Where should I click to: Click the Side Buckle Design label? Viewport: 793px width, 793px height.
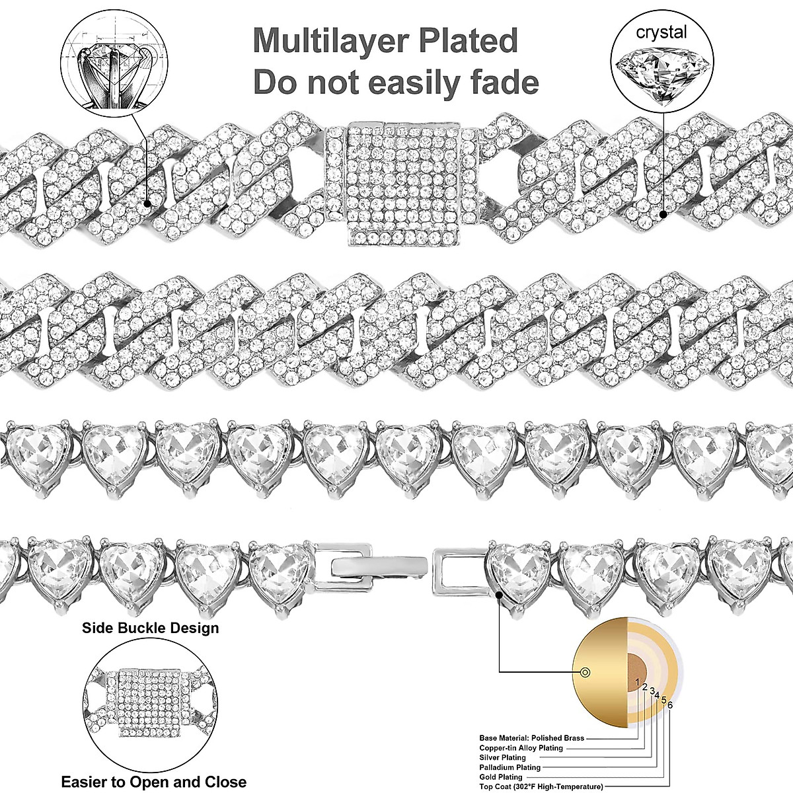[x=150, y=628]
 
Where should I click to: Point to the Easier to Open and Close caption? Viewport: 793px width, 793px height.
[x=153, y=782]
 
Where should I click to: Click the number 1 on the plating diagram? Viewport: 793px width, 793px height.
[x=637, y=681]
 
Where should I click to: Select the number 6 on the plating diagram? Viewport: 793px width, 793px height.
[x=670, y=705]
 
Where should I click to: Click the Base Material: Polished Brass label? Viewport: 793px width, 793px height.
[x=531, y=737]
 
